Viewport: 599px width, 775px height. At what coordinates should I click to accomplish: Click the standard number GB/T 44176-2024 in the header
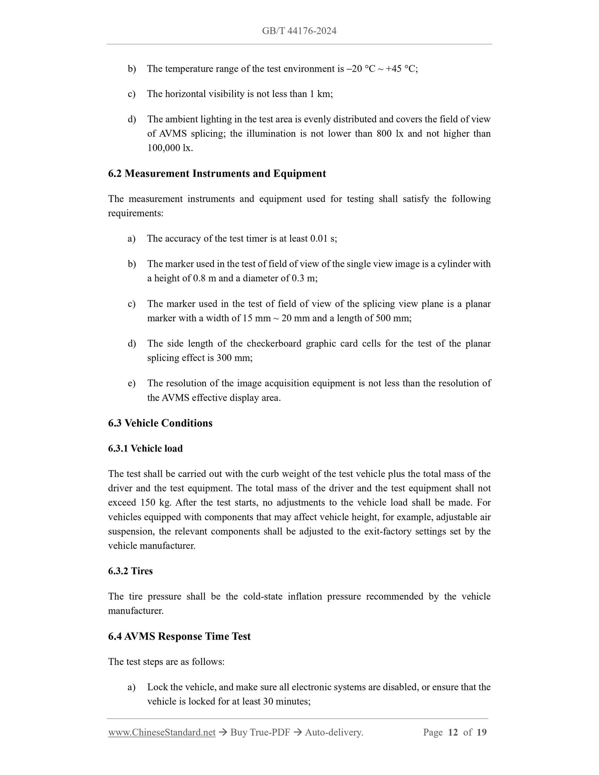coord(299,31)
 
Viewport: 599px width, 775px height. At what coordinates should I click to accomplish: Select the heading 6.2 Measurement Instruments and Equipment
coord(217,174)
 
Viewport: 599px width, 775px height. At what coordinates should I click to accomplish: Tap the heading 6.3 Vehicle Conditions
coord(160,423)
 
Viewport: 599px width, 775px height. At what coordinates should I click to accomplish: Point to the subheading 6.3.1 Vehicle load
coord(145,448)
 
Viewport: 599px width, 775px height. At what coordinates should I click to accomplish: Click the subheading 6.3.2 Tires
coord(130,571)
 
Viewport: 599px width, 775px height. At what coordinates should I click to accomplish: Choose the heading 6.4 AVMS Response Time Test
coord(179,636)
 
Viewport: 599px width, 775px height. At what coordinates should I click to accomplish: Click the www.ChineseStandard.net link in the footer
coord(162,732)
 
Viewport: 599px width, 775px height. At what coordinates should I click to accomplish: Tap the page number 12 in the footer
coord(453,732)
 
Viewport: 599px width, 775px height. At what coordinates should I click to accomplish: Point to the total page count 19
coord(481,732)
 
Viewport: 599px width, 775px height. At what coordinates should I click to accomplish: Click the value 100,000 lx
coord(170,148)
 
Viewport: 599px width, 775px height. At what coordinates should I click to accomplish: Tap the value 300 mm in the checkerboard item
coord(234,358)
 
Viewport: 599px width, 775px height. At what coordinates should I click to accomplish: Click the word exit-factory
coord(389,532)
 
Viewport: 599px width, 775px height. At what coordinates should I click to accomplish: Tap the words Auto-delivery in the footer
coord(334,732)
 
